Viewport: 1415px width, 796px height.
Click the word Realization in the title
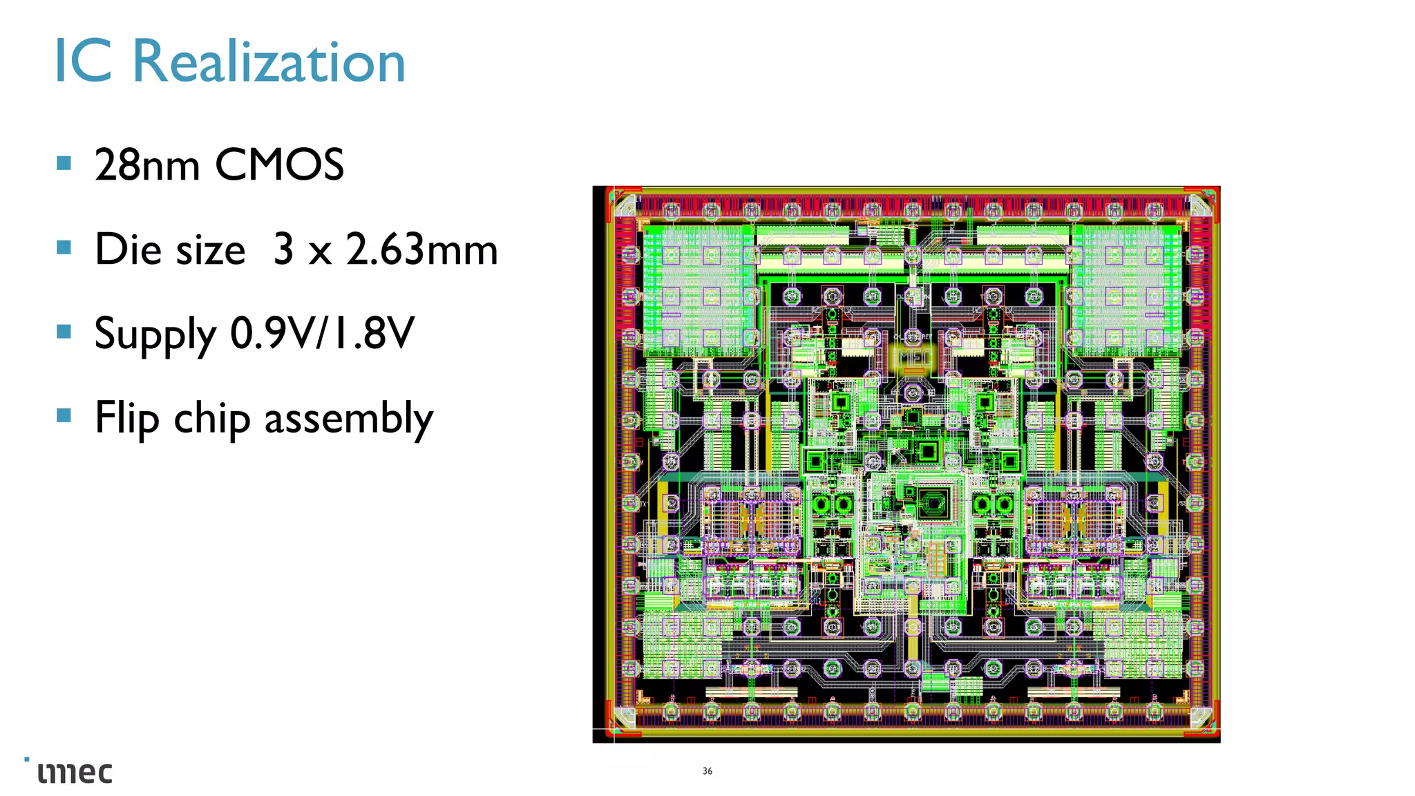[268, 62]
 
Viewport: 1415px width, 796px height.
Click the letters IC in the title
[83, 62]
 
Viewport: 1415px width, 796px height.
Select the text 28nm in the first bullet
[147, 165]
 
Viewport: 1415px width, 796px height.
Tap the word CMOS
[279, 165]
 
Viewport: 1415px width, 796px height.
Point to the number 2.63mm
[421, 249]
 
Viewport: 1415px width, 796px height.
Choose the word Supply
[155, 334]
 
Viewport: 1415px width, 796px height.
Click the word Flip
[127, 418]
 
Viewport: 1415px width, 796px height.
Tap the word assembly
[349, 419]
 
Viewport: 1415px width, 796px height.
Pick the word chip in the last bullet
[211, 419]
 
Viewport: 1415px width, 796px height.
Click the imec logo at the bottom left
[73, 772]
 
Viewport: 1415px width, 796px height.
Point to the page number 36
[707, 771]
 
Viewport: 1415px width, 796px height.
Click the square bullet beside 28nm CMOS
[64, 163]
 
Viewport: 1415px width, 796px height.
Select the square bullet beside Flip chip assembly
[64, 415]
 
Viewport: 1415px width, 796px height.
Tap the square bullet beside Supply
[64, 331]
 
